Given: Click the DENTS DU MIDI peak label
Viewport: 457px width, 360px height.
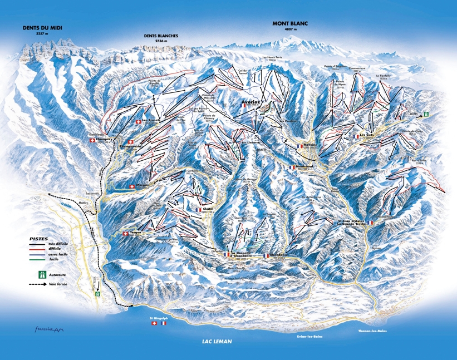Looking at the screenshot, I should pyautogui.click(x=42, y=27).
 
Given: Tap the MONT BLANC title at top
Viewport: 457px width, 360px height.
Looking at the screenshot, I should pyautogui.click(x=289, y=23).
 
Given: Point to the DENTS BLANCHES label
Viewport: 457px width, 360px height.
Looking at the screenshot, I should pyautogui.click(x=160, y=36).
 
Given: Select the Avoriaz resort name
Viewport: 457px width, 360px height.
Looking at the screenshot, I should pyautogui.click(x=253, y=102).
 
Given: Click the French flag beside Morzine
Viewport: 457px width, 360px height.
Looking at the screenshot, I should pyautogui.click(x=299, y=146).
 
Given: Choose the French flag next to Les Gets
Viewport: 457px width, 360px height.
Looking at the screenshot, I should pyautogui.click(x=356, y=136).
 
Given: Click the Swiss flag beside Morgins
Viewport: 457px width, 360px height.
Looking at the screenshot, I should pyautogui.click(x=132, y=186).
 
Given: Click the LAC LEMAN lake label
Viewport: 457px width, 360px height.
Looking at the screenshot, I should pyautogui.click(x=217, y=341).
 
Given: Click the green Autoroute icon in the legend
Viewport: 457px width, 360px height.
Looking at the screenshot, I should pyautogui.click(x=41, y=274).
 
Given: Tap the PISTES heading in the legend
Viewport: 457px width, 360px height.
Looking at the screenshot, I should pyautogui.click(x=38, y=238).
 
